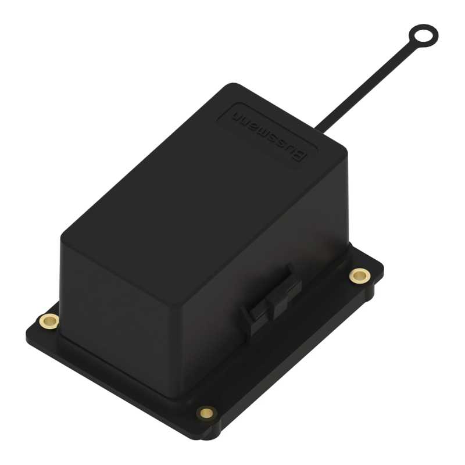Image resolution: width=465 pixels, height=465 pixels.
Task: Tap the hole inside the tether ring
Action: [x=423, y=36]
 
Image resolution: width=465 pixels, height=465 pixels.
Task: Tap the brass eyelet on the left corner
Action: [x=49, y=321]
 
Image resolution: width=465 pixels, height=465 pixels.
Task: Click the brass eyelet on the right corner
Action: [x=360, y=276]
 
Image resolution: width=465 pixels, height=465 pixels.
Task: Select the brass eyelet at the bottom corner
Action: [x=207, y=413]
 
